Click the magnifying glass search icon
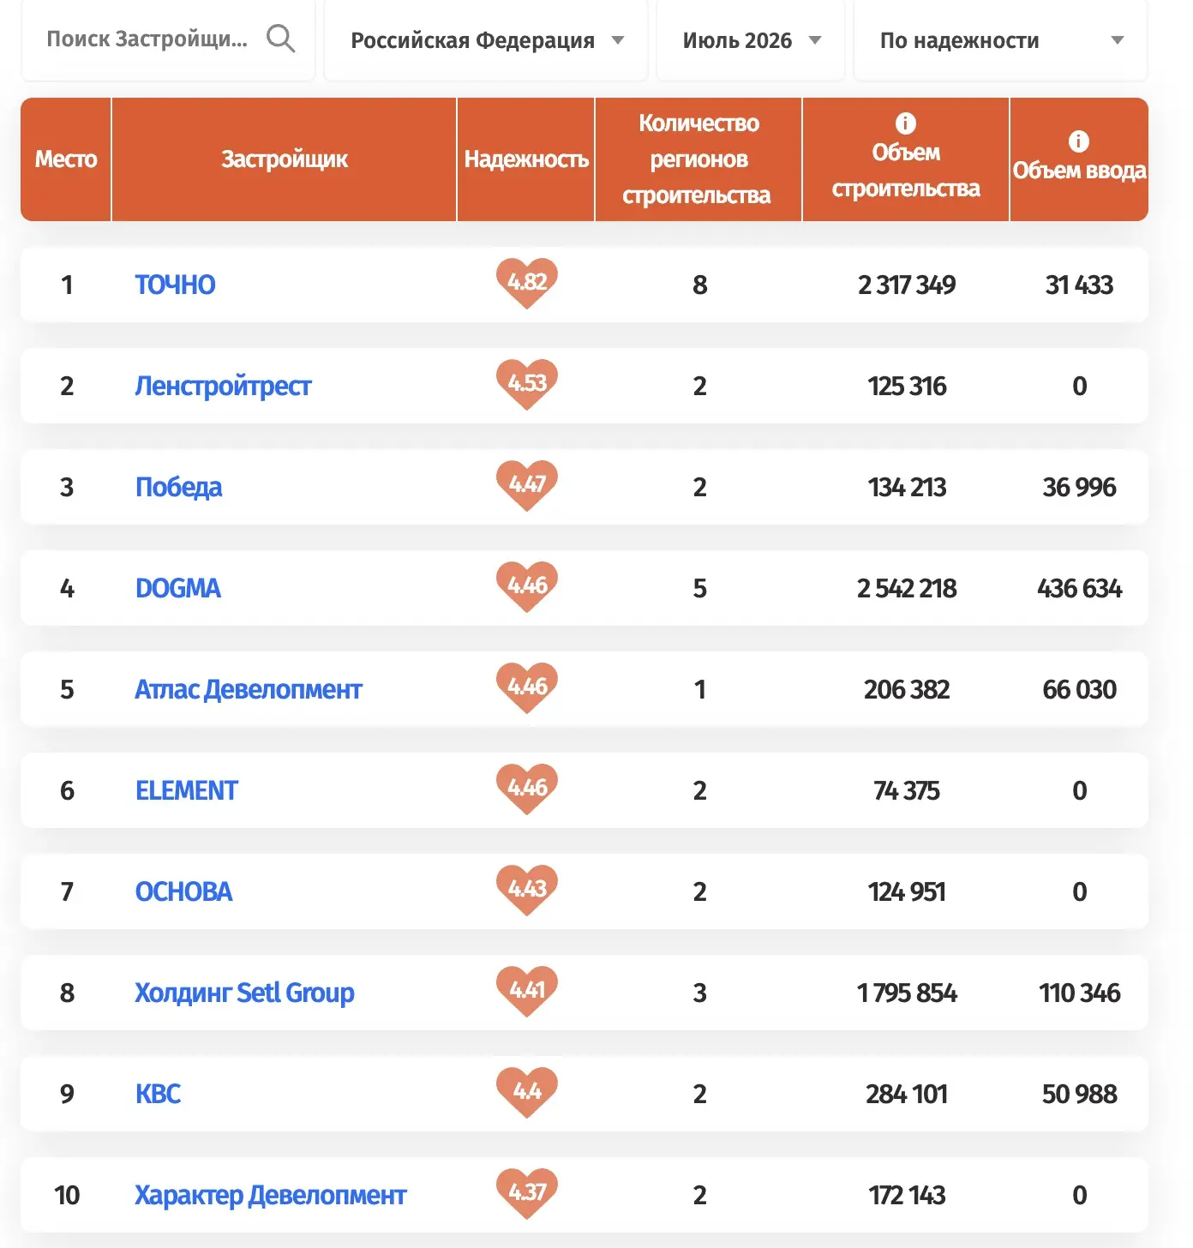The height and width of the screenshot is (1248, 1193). coord(281,39)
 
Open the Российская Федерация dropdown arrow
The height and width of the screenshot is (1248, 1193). coord(618,40)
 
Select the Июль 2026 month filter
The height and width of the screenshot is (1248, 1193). coord(737,40)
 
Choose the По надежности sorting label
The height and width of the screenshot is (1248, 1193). coord(959,40)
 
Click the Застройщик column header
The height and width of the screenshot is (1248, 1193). coord(285,159)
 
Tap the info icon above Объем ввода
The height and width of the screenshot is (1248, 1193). coord(1078,141)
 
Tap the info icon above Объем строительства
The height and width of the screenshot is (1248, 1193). coord(905,123)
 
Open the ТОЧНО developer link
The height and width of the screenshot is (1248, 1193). coord(175,285)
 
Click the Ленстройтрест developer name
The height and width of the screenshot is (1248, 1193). coord(223,386)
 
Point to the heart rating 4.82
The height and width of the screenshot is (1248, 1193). coord(526,282)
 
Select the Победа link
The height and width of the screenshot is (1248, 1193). coord(178,488)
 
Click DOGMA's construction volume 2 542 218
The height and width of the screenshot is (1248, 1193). coord(906,588)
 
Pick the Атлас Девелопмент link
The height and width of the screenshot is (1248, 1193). coord(249,689)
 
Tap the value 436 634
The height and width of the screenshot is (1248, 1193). coord(1080,588)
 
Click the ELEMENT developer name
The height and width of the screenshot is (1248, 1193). coord(186,791)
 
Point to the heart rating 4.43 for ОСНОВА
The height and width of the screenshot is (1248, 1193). coord(526,890)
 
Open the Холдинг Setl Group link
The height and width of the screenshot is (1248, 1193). coord(244,993)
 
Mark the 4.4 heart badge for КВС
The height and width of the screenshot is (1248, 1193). coord(526,1092)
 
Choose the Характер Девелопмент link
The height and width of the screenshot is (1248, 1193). coord(271,1196)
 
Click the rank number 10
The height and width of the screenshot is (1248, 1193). coord(67,1196)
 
